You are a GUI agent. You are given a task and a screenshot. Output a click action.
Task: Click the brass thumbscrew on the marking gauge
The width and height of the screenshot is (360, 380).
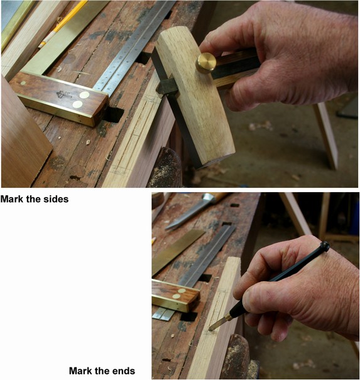(205, 63)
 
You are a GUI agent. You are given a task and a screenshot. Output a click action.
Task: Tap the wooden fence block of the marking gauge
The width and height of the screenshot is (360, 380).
(195, 100)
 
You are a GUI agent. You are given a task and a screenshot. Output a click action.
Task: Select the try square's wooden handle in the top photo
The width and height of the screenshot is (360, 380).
(59, 97)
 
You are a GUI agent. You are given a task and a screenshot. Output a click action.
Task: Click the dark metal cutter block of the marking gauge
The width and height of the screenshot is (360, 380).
(168, 85)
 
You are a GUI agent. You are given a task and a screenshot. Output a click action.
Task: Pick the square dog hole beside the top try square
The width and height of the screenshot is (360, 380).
(113, 114)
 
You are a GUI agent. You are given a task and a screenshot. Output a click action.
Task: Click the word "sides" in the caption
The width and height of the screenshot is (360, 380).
(55, 199)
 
